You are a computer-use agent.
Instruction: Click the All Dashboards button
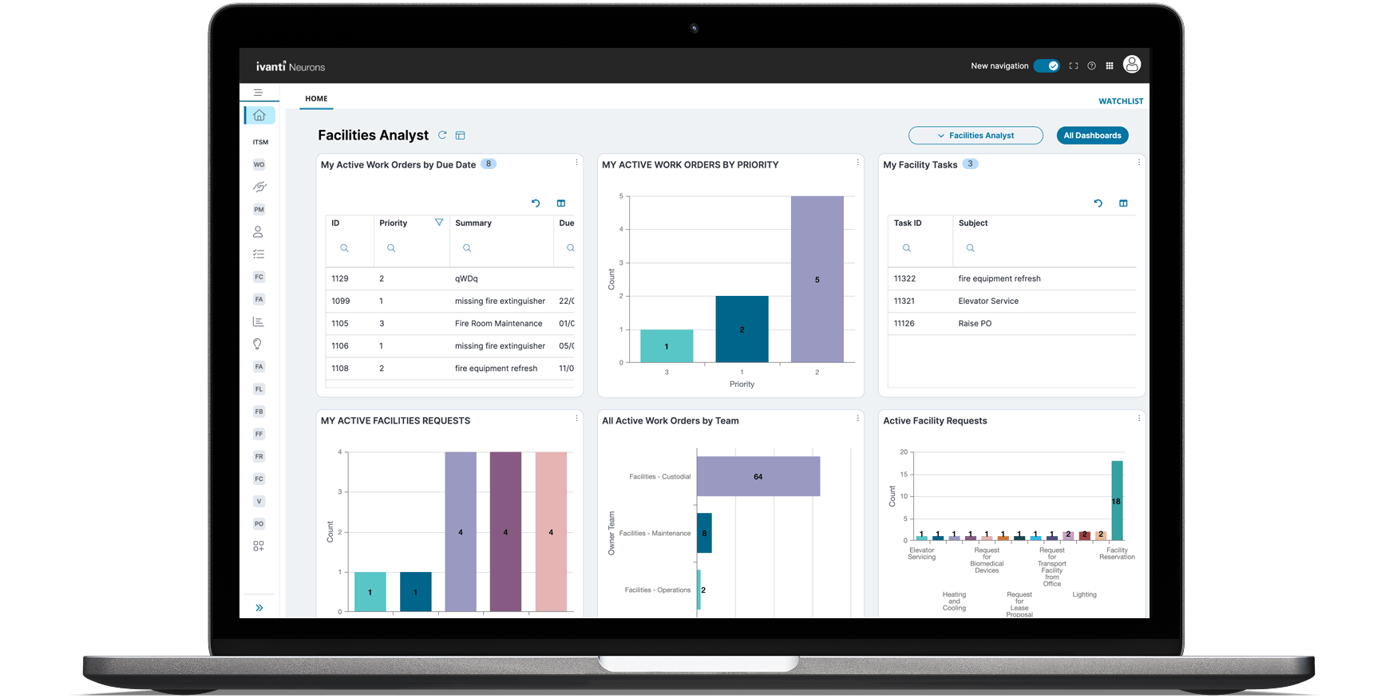tap(1092, 136)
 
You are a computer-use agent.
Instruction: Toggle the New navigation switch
tap(1047, 66)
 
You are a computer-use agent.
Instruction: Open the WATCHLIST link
tap(1121, 101)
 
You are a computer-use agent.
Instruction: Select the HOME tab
tap(316, 99)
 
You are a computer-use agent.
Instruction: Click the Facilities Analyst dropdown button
tap(976, 136)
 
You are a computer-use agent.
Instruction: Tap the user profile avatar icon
tap(1131, 65)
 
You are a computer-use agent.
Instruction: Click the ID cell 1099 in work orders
tap(341, 302)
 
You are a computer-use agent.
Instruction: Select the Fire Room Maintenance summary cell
tap(498, 324)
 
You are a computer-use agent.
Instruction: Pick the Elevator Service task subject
tap(988, 302)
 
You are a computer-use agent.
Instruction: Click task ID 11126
tap(904, 324)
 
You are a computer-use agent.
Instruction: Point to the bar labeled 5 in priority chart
tap(817, 279)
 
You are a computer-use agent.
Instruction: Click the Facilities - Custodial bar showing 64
tap(758, 476)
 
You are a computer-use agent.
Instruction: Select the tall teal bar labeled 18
tap(1117, 501)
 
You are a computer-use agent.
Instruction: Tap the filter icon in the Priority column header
tap(439, 223)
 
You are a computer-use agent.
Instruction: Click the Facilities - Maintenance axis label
tap(655, 534)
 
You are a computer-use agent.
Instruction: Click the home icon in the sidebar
tap(259, 116)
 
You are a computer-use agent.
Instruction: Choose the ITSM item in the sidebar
tap(260, 143)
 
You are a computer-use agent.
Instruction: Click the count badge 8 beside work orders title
tap(489, 164)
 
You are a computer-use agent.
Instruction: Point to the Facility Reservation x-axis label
tap(1117, 554)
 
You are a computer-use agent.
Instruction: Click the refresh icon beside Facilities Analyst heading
tap(442, 136)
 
